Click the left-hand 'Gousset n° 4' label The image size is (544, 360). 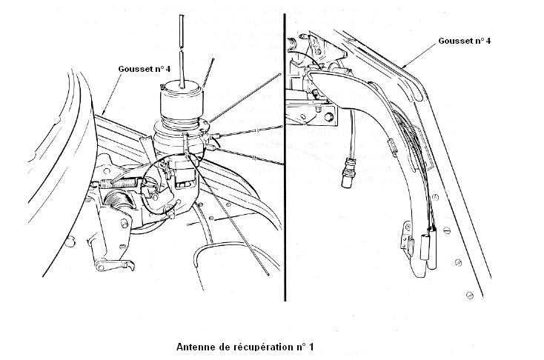click(145, 69)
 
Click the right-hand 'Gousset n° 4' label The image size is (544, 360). click(465, 41)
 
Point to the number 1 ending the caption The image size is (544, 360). click(311, 347)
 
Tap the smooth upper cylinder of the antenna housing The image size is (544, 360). click(181, 100)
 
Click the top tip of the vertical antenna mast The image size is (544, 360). click(182, 16)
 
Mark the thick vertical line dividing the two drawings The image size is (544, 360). click(285, 157)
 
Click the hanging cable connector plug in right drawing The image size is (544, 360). click(348, 173)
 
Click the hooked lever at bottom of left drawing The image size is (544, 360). click(114, 265)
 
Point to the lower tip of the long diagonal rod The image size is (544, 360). click(268, 275)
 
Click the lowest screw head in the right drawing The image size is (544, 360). click(470, 295)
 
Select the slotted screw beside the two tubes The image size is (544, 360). click(447, 230)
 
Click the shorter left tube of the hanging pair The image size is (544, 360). click(425, 247)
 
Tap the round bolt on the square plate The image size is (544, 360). click(328, 117)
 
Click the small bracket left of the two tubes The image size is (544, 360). click(407, 236)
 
